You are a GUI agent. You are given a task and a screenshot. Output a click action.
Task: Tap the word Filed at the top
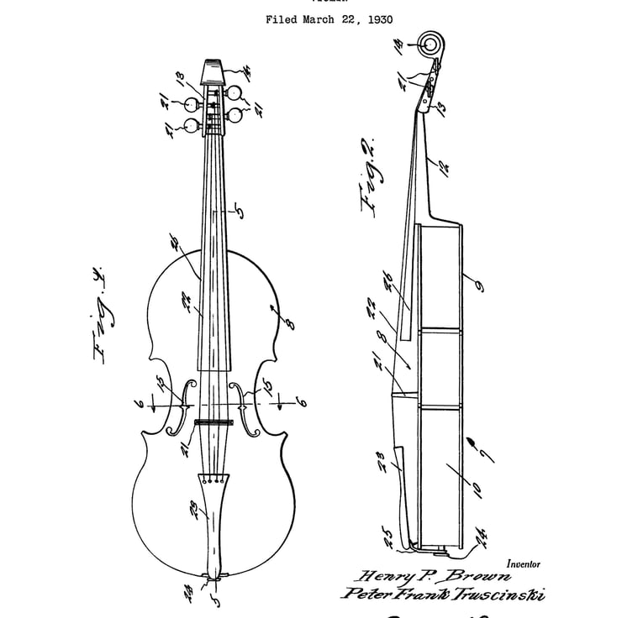(x=282, y=18)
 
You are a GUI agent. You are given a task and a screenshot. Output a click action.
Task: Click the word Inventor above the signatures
(x=524, y=565)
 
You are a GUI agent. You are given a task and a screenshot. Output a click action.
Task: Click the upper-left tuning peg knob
(x=193, y=105)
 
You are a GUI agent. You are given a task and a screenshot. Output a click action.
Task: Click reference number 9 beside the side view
(x=478, y=286)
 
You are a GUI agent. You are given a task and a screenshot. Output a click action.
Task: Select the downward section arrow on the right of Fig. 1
(x=278, y=405)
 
